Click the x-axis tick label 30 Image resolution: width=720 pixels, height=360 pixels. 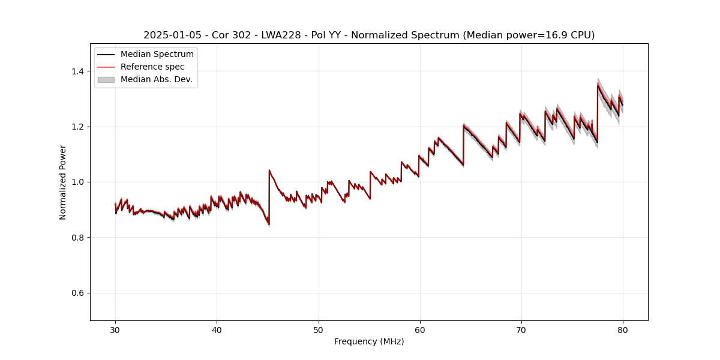coord(115,329)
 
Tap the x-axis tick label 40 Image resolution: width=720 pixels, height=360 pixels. coord(217,329)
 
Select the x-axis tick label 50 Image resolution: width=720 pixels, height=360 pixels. coord(319,329)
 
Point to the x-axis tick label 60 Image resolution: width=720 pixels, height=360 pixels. coord(420,329)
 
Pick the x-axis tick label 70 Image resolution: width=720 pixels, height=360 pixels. coord(521,329)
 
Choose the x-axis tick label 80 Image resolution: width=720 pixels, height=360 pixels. coord(623,329)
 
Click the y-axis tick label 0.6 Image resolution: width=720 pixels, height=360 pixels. coord(77,293)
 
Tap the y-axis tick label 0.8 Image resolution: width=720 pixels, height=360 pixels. coord(77,238)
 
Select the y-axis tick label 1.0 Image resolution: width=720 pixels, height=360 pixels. coord(77,182)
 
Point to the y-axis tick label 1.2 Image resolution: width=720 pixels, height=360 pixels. coord(77,127)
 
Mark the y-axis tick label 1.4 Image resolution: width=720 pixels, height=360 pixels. coord(77,71)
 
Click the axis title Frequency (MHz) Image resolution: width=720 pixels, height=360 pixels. coord(369,341)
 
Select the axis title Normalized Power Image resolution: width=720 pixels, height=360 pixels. coord(63,182)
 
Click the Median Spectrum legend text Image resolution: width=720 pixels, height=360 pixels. coord(157,55)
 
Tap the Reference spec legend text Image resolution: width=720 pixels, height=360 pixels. coord(152,67)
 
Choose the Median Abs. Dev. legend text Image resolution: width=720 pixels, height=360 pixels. coord(156,79)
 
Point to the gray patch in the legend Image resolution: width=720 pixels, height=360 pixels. coord(106,79)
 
